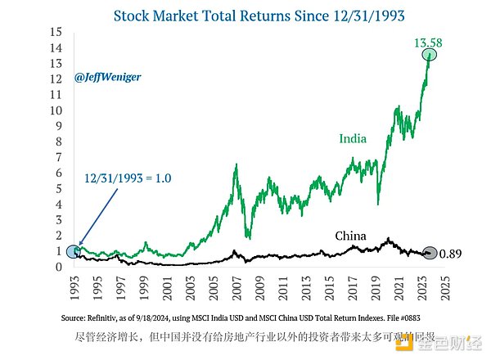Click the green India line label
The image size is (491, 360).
353,138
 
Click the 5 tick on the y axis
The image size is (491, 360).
59,189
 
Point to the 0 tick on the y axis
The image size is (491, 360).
59,267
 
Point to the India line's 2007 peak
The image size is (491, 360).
236,165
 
